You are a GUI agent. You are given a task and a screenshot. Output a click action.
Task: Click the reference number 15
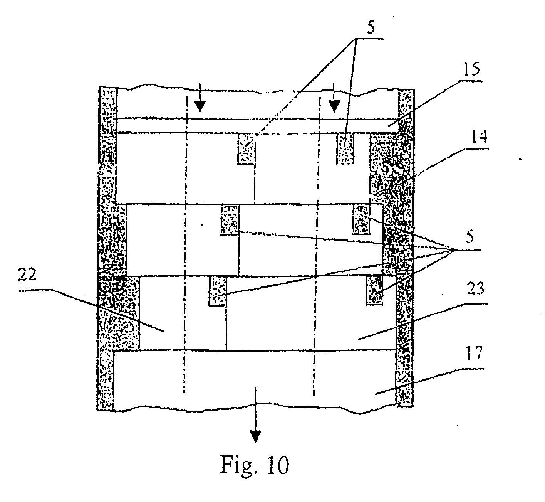point(471,70)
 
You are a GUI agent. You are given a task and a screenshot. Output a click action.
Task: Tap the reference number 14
point(478,136)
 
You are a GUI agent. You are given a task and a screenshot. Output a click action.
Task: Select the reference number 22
point(27,275)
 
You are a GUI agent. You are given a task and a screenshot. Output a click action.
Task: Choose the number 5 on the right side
point(470,237)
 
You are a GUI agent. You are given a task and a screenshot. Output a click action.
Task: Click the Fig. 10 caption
point(254,465)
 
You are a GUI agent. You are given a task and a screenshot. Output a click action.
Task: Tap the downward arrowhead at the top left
point(200,106)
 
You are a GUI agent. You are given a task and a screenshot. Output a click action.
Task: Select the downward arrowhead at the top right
point(334,106)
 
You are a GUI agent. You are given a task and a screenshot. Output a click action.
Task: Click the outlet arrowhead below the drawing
point(255,437)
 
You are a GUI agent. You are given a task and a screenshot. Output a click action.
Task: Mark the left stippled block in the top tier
point(246,149)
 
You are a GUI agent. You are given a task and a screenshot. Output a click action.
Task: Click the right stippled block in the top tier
point(345,148)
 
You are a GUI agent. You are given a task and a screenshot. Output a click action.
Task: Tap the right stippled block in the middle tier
point(361,219)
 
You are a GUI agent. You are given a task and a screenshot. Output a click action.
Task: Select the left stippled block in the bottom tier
point(218,291)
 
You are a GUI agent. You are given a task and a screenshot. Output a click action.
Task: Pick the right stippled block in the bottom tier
point(374,290)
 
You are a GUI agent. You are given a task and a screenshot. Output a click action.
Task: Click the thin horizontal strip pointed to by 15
point(257,126)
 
